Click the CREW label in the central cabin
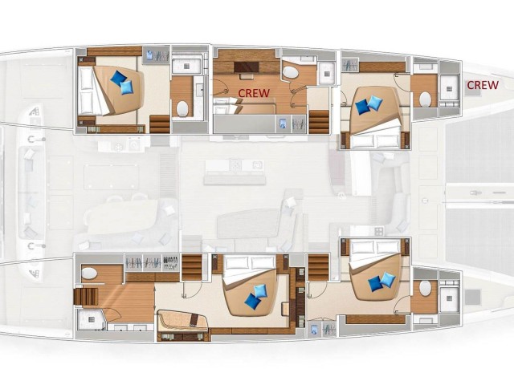(x=254, y=93)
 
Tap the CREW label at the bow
(x=483, y=85)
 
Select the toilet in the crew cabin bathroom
(x=291, y=72)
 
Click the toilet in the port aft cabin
(x=182, y=108)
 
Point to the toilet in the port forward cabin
(x=426, y=99)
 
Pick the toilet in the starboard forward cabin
(x=425, y=289)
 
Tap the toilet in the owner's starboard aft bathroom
(x=89, y=273)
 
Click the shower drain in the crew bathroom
(x=327, y=74)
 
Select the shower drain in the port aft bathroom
(x=186, y=66)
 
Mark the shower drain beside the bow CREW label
(x=449, y=88)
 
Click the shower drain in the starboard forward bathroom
(x=449, y=298)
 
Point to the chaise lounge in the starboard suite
(x=182, y=321)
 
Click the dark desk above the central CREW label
(x=247, y=67)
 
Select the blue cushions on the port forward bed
(x=369, y=105)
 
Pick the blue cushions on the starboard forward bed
(x=382, y=282)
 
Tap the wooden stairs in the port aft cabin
(x=160, y=124)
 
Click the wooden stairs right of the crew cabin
(x=319, y=122)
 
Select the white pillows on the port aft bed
(x=86, y=91)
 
